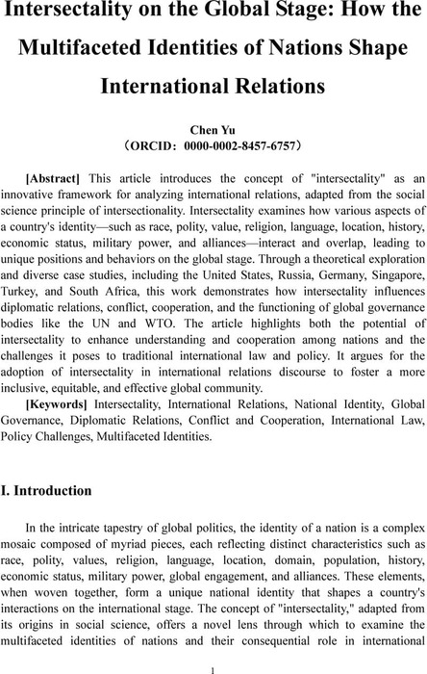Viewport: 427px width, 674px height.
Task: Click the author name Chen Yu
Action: pyautogui.click(x=213, y=128)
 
